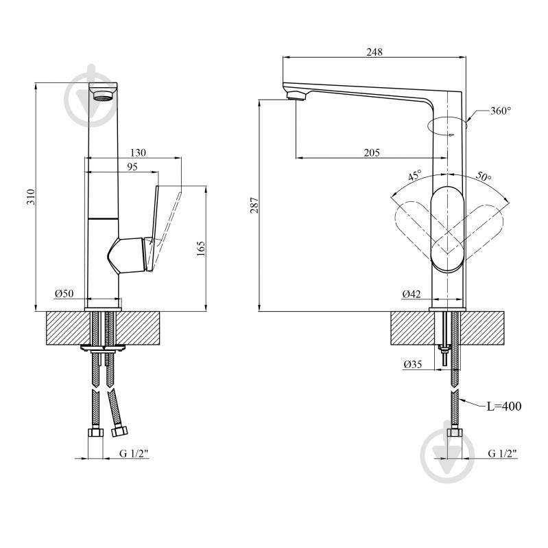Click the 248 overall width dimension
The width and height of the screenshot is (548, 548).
[374, 52]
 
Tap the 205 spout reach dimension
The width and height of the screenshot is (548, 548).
[372, 152]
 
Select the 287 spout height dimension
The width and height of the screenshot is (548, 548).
[254, 205]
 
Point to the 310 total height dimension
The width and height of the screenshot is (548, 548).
[31, 196]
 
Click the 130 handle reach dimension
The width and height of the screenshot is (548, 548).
[138, 152]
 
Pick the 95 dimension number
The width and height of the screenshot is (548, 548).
[132, 167]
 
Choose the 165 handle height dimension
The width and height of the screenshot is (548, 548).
[200, 249]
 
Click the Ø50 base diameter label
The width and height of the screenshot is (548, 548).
[64, 293]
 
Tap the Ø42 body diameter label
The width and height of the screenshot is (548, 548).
[412, 294]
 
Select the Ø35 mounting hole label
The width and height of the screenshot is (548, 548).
[413, 364]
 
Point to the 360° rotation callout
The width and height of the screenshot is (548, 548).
[501, 111]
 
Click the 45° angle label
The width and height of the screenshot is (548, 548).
[415, 174]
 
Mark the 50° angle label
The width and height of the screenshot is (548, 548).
[484, 176]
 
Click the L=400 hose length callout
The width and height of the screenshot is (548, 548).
[504, 407]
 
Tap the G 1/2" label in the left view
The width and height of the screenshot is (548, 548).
[134, 453]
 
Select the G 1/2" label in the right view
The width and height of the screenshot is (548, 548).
[502, 453]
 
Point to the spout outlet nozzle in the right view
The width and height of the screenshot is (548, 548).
[296, 95]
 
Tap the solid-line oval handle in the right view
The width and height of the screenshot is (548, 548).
[448, 229]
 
